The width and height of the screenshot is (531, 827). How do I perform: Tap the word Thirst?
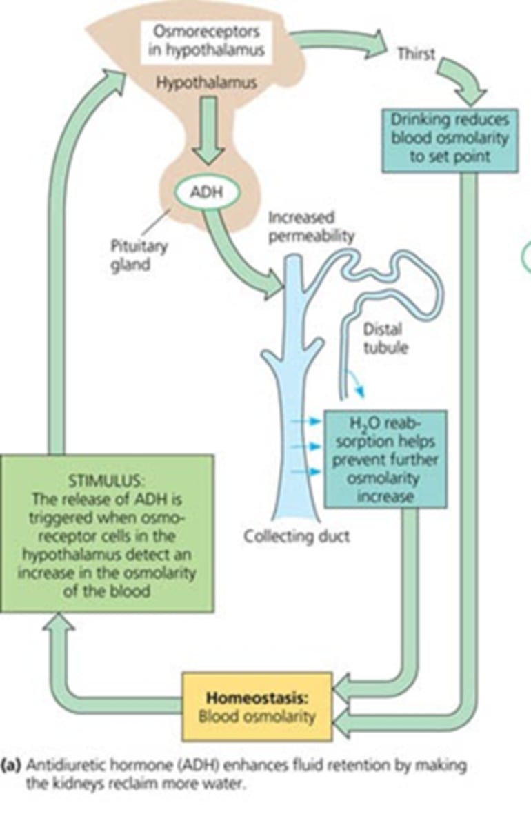pyautogui.click(x=417, y=54)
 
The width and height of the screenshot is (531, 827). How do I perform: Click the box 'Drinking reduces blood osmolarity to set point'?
pyautogui.click(x=449, y=138)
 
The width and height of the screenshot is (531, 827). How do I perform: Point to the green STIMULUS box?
pyautogui.click(x=107, y=532)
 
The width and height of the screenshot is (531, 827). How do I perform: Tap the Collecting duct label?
pyautogui.click(x=297, y=536)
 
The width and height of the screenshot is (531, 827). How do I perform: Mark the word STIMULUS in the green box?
pyautogui.click(x=106, y=478)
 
